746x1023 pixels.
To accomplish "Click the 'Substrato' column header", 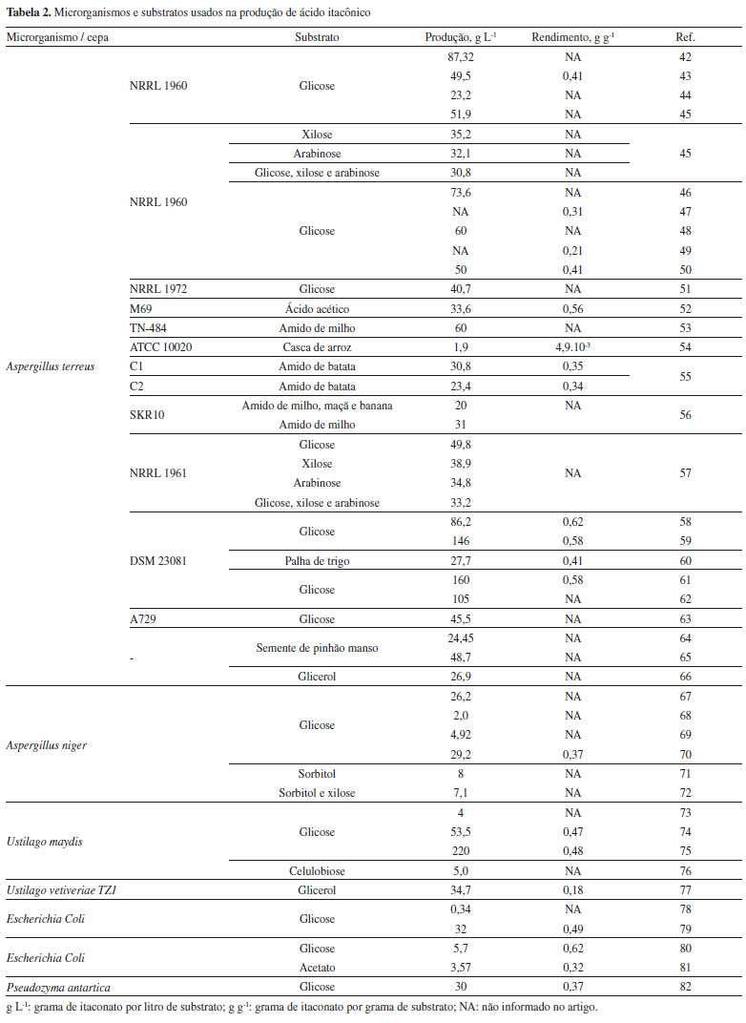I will [318, 38].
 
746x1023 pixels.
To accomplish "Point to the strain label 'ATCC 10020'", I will [161, 346].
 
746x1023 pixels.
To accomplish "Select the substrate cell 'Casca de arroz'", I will [318, 346].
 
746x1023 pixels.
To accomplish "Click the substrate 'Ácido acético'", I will [318, 308].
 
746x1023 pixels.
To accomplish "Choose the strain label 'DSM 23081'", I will [157, 561].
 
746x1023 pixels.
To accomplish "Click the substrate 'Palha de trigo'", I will [318, 561].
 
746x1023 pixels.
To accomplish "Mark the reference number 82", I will [685, 987].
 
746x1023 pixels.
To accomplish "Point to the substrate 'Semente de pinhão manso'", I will [318, 648].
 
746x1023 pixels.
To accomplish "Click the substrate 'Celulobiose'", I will [318, 870].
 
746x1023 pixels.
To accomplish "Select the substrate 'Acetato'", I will [318, 968].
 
